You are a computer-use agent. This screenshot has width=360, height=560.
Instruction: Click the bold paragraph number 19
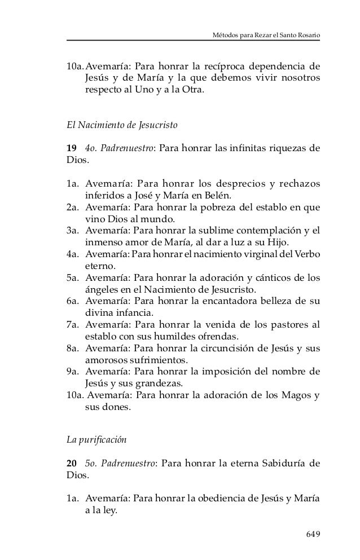[x=72, y=149]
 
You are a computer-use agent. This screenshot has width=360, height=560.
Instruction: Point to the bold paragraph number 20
[x=72, y=464]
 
